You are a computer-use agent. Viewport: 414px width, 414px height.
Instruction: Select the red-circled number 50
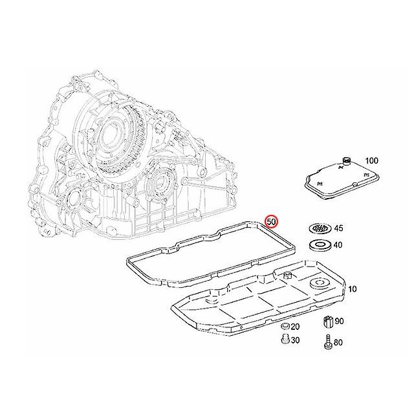coord(272,221)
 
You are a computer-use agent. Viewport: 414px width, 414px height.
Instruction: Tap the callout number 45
coord(338,228)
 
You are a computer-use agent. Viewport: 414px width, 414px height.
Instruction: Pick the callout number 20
coord(295,327)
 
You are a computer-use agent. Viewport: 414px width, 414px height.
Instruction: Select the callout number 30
coord(295,340)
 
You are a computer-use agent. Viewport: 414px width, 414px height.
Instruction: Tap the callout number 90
coord(340,321)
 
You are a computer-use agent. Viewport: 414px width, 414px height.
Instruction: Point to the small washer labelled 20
coord(283,327)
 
